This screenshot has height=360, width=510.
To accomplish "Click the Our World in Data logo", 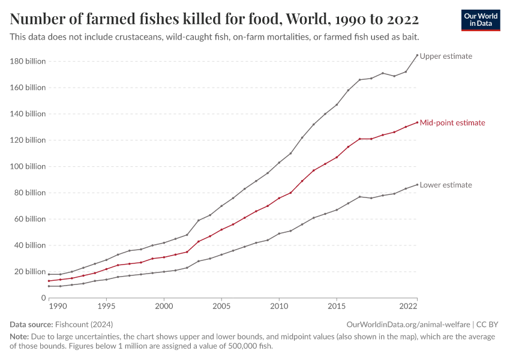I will pos(480,20).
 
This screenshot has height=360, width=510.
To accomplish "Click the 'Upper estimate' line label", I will pos(446,56).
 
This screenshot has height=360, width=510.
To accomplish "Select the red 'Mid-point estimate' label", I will pos(452,122).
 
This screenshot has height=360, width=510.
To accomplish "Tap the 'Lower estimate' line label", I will pos(446,185).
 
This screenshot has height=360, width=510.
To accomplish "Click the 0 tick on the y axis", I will pos(43,298).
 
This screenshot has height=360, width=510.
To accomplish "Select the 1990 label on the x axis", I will pos(58,307).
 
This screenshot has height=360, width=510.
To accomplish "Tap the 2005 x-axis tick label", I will pos(221,307).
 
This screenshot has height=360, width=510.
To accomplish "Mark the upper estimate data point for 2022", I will pos(417,55).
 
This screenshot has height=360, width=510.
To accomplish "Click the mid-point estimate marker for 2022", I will pos(417,122).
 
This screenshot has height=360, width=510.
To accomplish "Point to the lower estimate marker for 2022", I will pos(417,185).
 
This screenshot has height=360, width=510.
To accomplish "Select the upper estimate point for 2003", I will pos(199,220).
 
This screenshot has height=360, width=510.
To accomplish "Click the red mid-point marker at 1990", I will pos(49,281).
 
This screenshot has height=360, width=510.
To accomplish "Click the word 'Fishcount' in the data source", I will pos(73,324).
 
